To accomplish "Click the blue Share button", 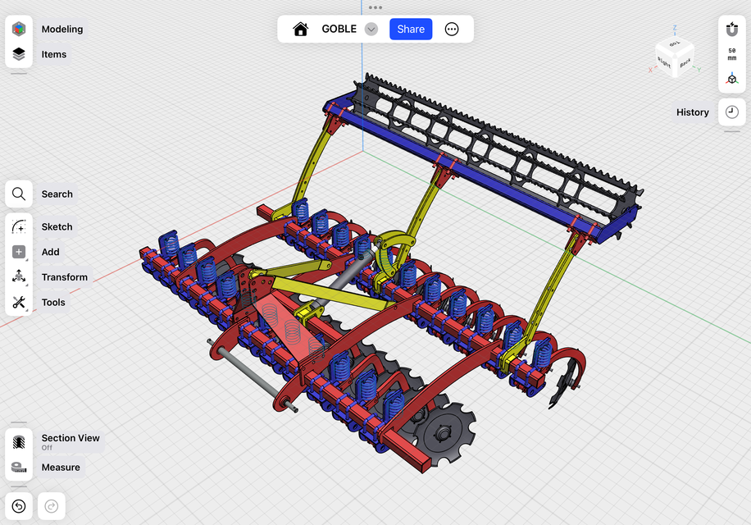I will pos(411,29).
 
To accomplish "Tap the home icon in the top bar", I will pos(300,29).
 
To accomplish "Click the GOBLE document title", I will pos(339,29).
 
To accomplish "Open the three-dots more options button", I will pos(452,29).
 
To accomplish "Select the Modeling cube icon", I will pos(19,29).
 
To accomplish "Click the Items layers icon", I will pos(19,54).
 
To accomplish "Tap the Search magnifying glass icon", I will pos(19,194).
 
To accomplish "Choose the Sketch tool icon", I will pos(19,227).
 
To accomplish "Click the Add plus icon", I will pos(19,252).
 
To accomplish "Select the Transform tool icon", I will pos(19,277).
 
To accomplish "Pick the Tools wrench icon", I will pos(19,303).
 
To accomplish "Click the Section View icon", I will pos(19,441).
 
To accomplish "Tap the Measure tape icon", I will pos(19,468).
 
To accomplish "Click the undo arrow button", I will pos(19,506).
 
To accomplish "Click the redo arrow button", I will pos(51,506).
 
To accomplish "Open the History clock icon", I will pos(732,112).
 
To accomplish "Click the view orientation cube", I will pos(675,57).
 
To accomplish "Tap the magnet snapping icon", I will pos(732,29).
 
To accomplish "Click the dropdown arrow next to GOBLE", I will pos(371,29).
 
